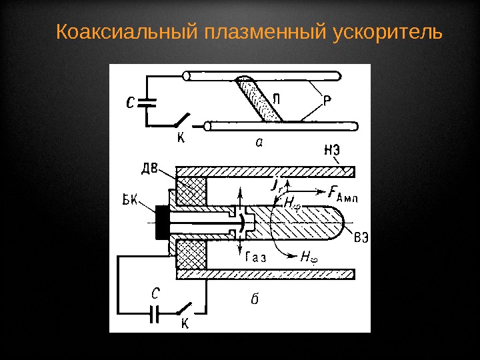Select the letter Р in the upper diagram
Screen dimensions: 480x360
tap(328, 101)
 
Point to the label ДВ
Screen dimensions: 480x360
tap(151, 167)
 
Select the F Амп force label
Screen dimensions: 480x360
tap(343, 193)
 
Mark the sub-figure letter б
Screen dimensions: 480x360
tap(253, 299)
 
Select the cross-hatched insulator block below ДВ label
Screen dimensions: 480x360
tap(191, 191)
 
